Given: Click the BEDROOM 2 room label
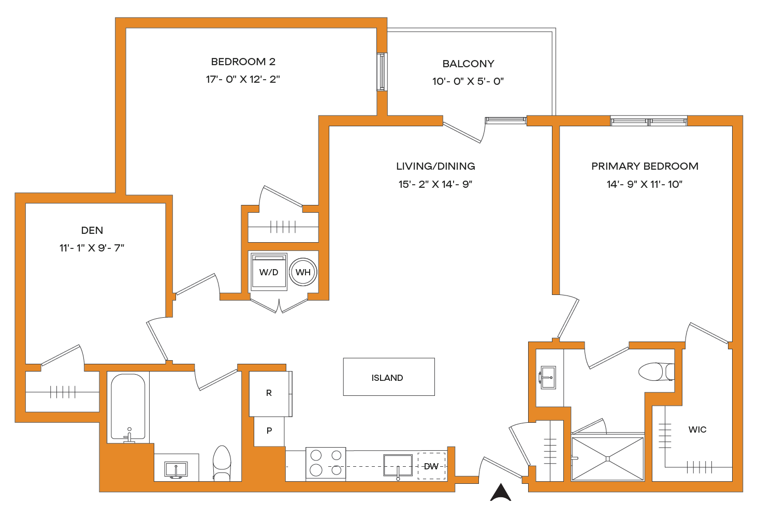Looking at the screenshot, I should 243,62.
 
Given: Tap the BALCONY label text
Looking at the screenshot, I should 468,64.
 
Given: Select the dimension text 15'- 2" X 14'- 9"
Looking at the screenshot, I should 435,184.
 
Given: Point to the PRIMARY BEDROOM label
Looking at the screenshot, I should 645,166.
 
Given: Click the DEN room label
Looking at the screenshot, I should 92,230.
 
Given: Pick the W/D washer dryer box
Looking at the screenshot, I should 269,272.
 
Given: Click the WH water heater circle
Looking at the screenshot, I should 303,272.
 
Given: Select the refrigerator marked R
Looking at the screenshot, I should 270,393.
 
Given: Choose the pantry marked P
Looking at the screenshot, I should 269,431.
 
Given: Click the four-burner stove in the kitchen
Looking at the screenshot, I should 326,463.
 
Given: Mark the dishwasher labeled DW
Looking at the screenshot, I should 431,466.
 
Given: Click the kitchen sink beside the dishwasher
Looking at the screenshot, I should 398,465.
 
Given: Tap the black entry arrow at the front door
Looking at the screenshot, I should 501,492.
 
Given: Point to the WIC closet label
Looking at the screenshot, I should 697,430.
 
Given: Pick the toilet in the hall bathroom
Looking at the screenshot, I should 222,463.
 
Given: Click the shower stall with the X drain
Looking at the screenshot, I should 608,458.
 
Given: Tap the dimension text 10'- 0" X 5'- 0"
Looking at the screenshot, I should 468,81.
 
